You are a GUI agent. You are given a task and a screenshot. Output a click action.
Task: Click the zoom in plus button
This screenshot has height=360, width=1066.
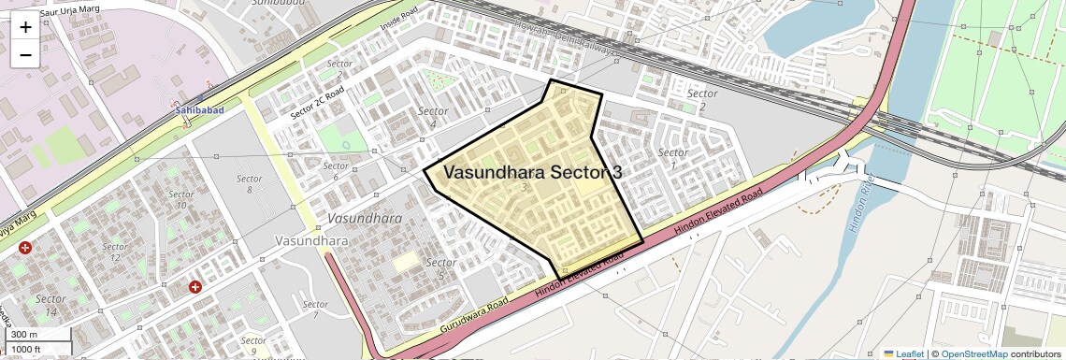pos(25,26)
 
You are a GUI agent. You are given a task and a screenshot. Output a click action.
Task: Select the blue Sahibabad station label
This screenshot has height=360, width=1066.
pos(198,110)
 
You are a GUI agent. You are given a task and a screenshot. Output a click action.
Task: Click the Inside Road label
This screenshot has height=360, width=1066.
pos(396,29)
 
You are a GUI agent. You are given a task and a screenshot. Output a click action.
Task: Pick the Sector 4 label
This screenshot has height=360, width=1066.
pos(433,117)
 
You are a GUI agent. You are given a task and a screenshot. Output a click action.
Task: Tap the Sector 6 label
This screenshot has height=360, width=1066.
pos(336,172)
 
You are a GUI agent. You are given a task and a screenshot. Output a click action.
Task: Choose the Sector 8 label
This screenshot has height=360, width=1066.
pos(250,183)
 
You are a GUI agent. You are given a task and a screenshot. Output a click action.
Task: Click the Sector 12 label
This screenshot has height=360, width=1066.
pos(115,252)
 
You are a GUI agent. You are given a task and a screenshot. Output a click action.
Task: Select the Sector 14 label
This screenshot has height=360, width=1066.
pos(50,305)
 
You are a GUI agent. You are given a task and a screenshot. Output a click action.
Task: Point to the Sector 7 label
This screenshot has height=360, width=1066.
pos(316,310)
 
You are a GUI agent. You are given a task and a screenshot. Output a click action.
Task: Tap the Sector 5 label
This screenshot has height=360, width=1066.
pos(440,268)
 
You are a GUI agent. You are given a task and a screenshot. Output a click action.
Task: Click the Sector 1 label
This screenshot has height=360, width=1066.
pos(672,158)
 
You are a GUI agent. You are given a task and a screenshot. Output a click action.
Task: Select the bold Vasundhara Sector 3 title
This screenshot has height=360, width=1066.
pos(532,172)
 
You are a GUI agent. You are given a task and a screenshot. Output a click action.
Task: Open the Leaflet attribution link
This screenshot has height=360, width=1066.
pos(904,353)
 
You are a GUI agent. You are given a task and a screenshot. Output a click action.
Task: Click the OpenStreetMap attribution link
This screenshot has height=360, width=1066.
pos(973,353)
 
